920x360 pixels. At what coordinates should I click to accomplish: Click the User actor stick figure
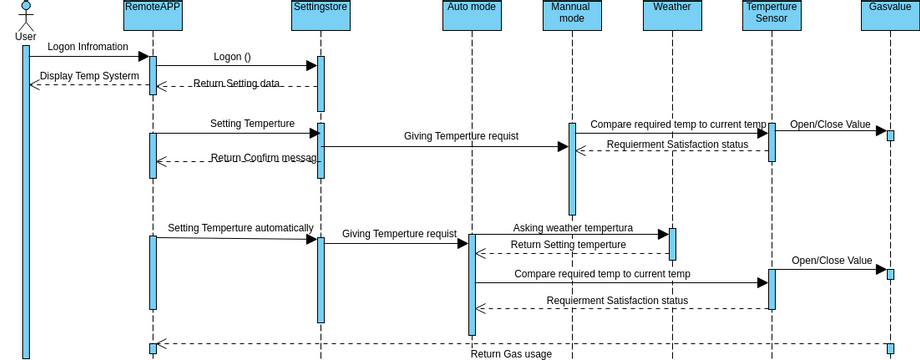pyautogui.click(x=25, y=17)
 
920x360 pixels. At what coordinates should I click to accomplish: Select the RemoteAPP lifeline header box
pyautogui.click(x=153, y=15)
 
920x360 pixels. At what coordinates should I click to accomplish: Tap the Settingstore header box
pyautogui.click(x=320, y=15)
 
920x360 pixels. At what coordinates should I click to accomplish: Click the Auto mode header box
pyautogui.click(x=472, y=15)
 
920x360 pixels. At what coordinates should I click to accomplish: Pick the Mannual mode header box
pyautogui.click(x=572, y=15)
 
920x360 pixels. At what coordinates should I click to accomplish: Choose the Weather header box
pyautogui.click(x=672, y=15)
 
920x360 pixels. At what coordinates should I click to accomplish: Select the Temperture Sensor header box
pyautogui.click(x=772, y=15)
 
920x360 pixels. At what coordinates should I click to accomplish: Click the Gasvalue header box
pyautogui.click(x=890, y=15)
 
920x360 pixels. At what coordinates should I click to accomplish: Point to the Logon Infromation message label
pyautogui.click(x=88, y=46)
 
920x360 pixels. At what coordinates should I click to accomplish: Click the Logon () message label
pyautogui.click(x=232, y=57)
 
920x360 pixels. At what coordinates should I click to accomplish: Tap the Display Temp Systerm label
pyautogui.click(x=90, y=76)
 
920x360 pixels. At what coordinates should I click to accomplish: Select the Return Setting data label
pyautogui.click(x=236, y=84)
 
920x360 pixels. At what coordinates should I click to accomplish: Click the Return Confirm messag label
pyautogui.click(x=264, y=158)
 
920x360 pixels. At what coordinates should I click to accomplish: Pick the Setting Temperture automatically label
pyautogui.click(x=240, y=228)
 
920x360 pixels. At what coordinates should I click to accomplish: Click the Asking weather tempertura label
pyautogui.click(x=573, y=228)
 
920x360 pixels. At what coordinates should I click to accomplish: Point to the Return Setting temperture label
pyautogui.click(x=568, y=245)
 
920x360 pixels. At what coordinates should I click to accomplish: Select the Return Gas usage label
pyautogui.click(x=511, y=354)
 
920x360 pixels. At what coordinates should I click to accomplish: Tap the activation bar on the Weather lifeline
pyautogui.click(x=672, y=244)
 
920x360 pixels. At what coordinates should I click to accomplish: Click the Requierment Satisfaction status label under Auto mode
pyautogui.click(x=617, y=301)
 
